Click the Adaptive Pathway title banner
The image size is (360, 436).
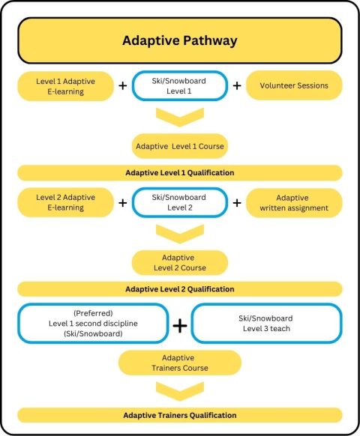point(179,40)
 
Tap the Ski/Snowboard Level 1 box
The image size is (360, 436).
point(179,85)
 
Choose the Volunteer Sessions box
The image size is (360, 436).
point(293,85)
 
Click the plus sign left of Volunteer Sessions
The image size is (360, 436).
point(237,85)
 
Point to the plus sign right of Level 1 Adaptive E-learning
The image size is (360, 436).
point(122,85)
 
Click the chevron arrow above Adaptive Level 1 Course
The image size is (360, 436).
point(179,116)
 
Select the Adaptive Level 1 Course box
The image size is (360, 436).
point(179,145)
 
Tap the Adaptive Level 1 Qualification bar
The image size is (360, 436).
point(179,173)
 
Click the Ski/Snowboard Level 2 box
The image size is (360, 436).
point(179,202)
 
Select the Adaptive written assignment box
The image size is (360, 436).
point(293,202)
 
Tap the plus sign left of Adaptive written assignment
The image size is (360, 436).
point(237,202)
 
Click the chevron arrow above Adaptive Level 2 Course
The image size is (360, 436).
point(179,233)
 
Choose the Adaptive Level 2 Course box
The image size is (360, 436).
point(179,262)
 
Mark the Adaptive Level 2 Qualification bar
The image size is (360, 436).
point(179,289)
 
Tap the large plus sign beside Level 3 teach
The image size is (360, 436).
point(180,325)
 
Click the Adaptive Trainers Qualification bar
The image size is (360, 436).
point(179,415)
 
